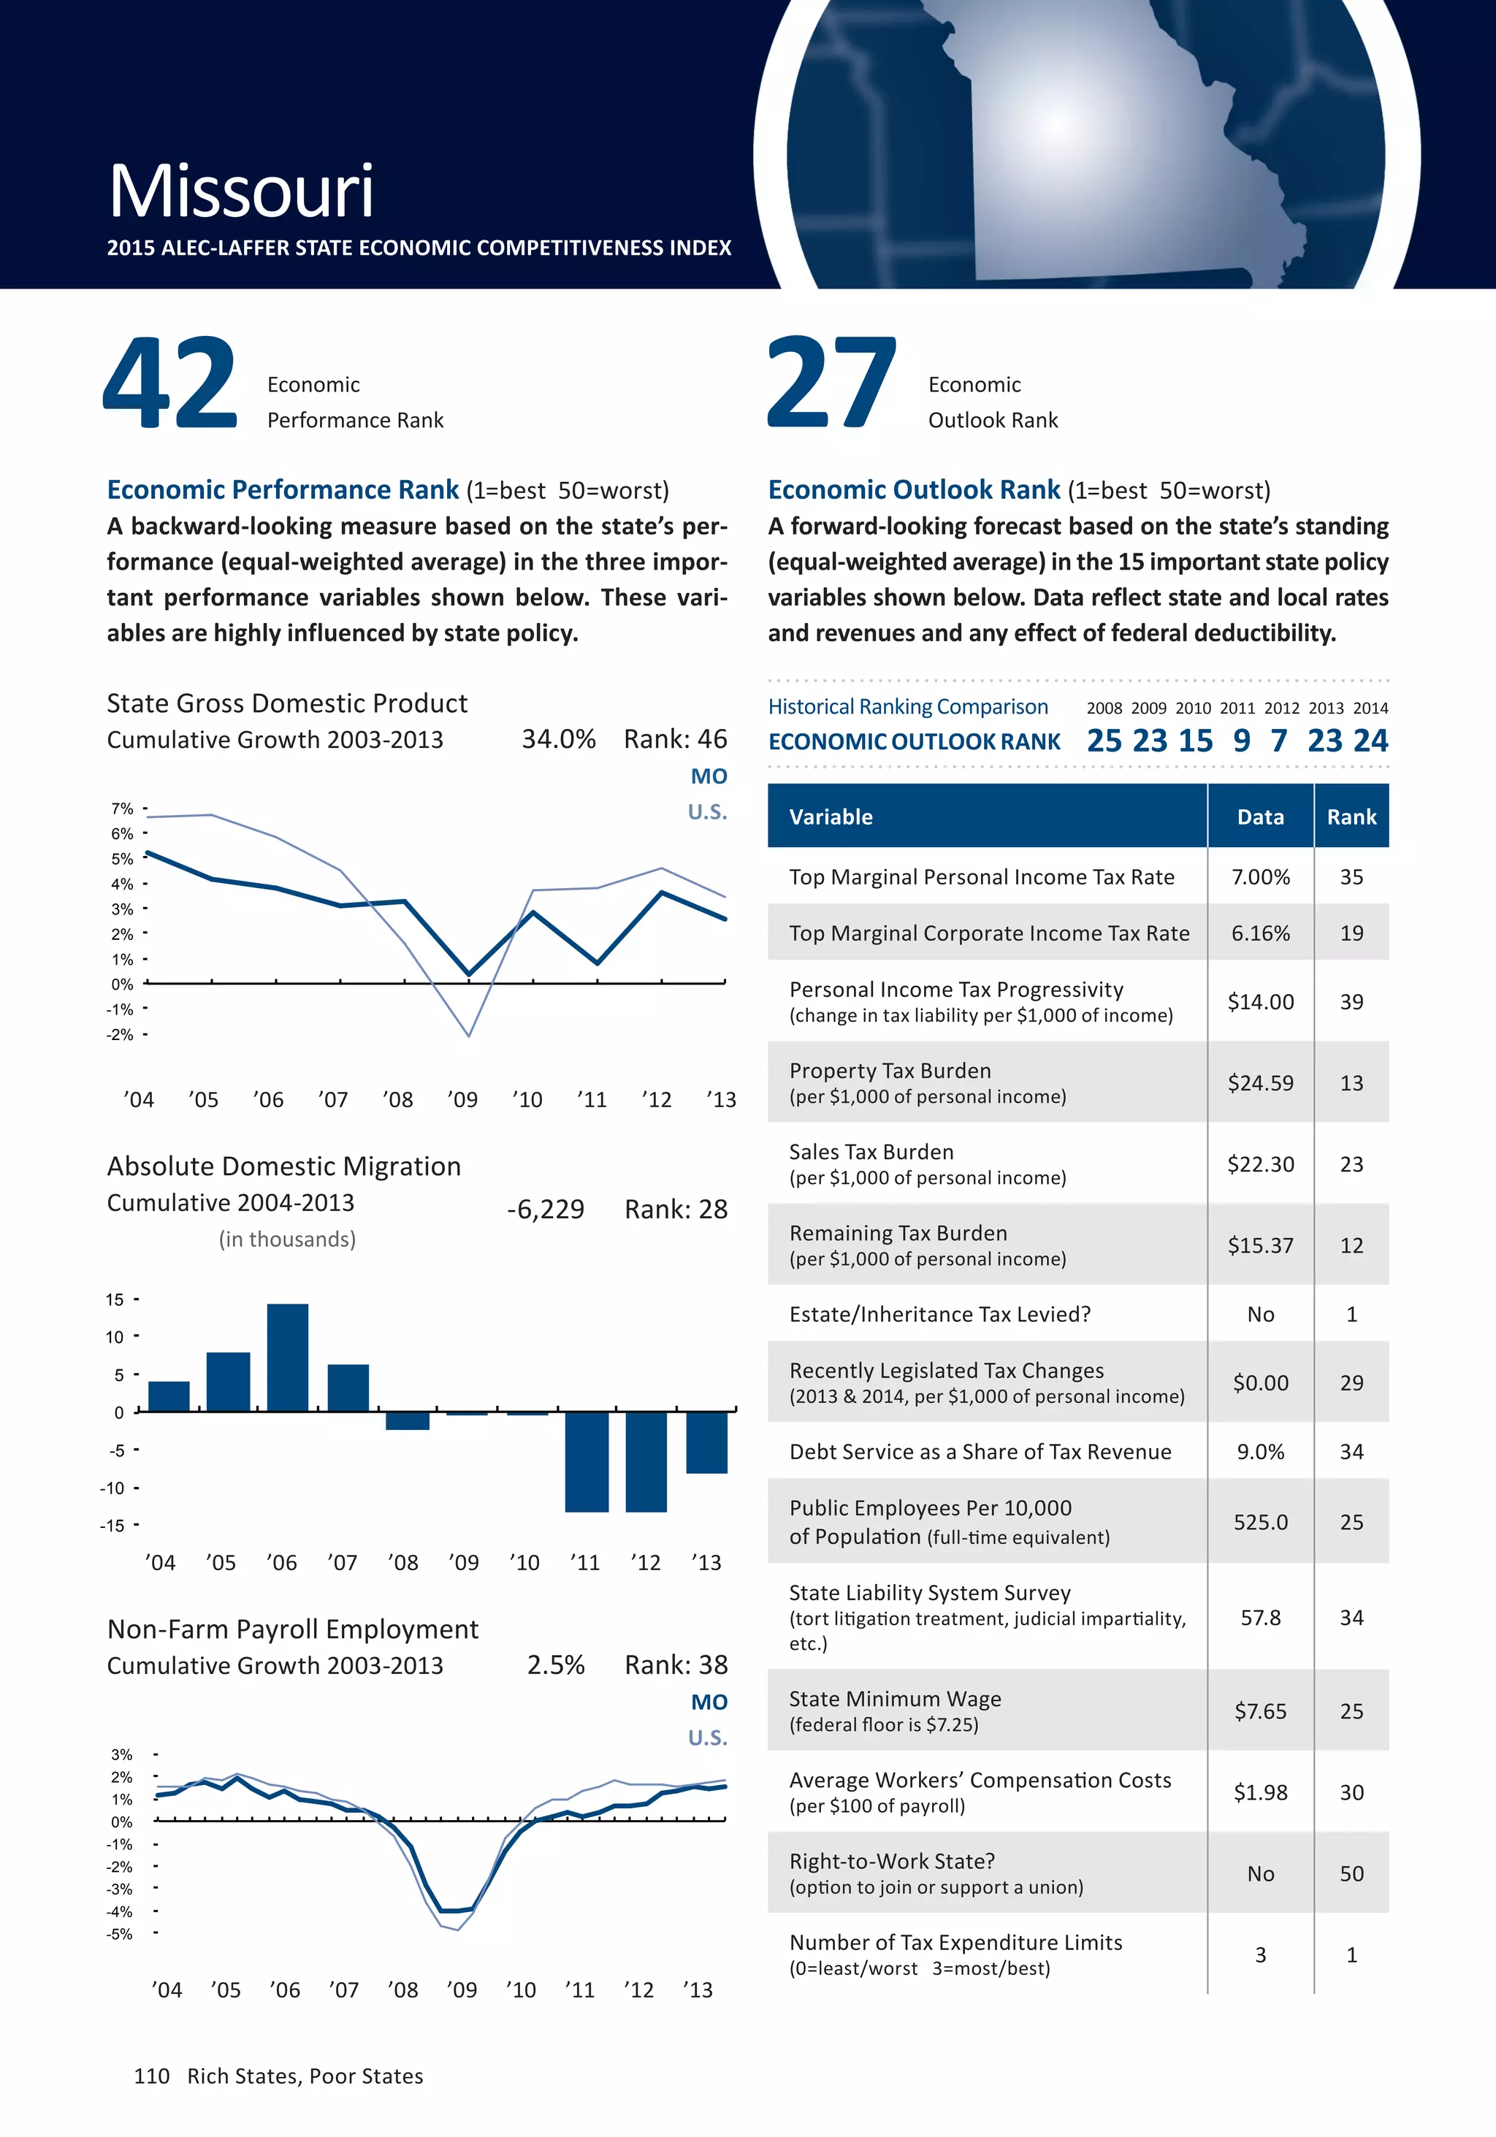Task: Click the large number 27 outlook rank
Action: click(831, 383)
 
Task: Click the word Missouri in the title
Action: click(241, 192)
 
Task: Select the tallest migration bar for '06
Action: click(287, 1357)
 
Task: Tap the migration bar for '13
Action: click(706, 1442)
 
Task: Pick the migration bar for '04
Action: click(169, 1396)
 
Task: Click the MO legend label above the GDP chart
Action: click(709, 776)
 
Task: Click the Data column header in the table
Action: click(1261, 817)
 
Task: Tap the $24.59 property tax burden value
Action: click(1261, 1082)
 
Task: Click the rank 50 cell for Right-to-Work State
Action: click(1351, 1873)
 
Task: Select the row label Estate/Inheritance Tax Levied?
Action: click(939, 1314)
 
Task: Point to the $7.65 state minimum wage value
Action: click(1261, 1710)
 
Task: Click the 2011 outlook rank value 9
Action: click(1241, 741)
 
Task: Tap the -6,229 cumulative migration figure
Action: click(546, 1209)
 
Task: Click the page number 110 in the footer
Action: click(152, 2076)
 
